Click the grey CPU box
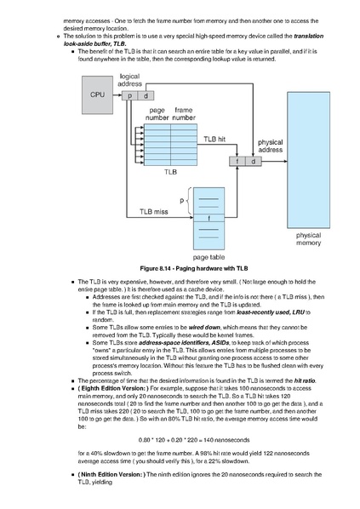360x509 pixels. pos(97,94)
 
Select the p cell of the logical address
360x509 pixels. pos(130,96)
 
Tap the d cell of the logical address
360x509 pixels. pos(146,96)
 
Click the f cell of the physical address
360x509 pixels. pos(237,162)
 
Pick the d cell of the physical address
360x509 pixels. pos(254,162)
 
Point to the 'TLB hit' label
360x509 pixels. pos(214,139)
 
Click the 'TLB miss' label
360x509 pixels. pos(154,212)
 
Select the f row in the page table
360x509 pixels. pos(209,218)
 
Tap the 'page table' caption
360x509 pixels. pos(209,257)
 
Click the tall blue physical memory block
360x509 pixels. pos(308,160)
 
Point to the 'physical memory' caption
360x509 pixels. pos(308,239)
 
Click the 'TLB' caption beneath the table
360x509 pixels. pos(170,172)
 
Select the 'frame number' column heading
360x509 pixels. pos(184,114)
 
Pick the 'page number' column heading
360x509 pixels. pos(157,114)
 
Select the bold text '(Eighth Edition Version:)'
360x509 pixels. pos(113,389)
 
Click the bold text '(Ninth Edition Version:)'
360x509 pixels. pos(111,475)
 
